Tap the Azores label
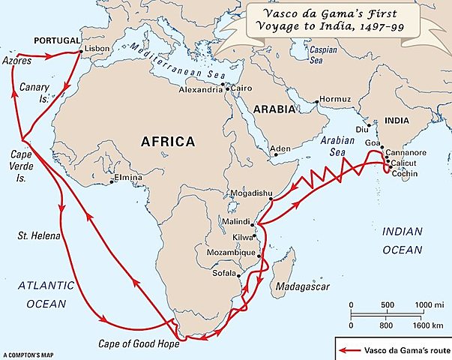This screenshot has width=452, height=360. (x=16, y=59)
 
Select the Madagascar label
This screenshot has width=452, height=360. (x=299, y=286)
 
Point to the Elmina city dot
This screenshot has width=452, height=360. (x=112, y=181)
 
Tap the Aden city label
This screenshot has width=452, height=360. (x=280, y=149)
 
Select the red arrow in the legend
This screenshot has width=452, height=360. (x=348, y=349)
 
